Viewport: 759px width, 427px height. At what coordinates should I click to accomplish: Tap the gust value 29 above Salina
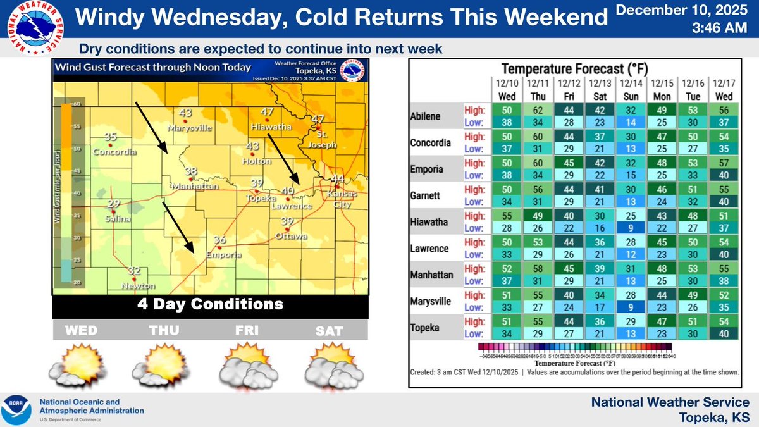pyautogui.click(x=114, y=204)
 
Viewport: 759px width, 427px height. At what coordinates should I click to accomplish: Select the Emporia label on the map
pyautogui.click(x=223, y=255)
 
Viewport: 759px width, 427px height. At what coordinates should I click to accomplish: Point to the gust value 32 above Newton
pyautogui.click(x=134, y=270)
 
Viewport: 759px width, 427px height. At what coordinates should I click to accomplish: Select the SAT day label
pyautogui.click(x=331, y=331)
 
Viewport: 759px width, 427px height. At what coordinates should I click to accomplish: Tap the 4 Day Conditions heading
pyautogui.click(x=209, y=304)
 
